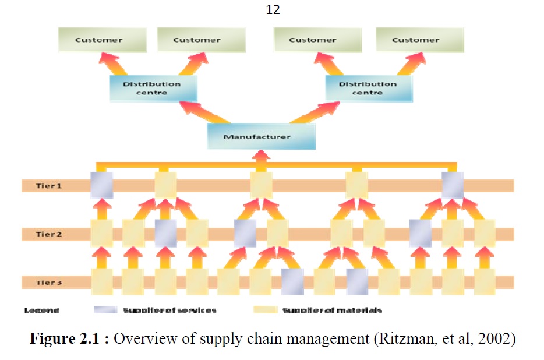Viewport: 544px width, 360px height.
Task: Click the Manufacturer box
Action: pos(261,136)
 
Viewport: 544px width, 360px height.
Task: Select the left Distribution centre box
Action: pos(153,88)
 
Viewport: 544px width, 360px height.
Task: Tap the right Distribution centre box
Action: pos(368,88)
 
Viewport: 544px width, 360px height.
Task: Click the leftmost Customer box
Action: pos(99,40)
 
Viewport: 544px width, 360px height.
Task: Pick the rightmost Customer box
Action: pos(415,40)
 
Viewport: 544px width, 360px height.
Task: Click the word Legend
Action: pos(41,310)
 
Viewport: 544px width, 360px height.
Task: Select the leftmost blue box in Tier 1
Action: pos(101,185)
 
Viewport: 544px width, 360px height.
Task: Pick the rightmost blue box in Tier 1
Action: pos(453,185)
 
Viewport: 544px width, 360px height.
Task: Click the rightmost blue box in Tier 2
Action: pos(420,233)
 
